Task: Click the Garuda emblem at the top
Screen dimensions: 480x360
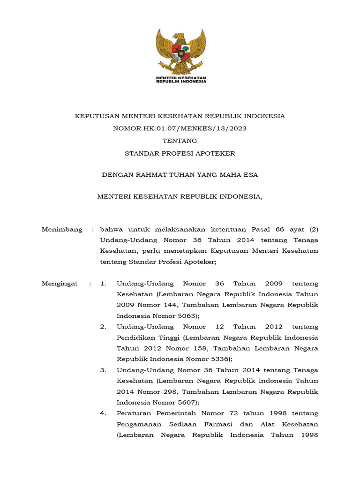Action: coord(181,51)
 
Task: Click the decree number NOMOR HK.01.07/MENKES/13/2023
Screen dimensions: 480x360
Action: coord(180,128)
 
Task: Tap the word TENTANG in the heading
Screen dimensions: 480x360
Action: coord(180,141)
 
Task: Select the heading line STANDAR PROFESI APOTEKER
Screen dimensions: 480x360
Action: coord(180,153)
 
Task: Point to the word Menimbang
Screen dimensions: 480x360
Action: coord(62,229)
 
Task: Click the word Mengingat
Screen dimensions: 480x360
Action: coord(60,284)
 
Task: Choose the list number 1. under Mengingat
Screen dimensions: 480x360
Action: coord(104,284)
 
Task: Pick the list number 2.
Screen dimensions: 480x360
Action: coord(104,327)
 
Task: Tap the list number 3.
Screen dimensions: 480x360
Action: coord(104,370)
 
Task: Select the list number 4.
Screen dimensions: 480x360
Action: coord(104,413)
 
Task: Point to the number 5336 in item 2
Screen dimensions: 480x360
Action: coord(219,359)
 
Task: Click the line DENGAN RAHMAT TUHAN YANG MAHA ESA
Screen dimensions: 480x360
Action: coord(180,175)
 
